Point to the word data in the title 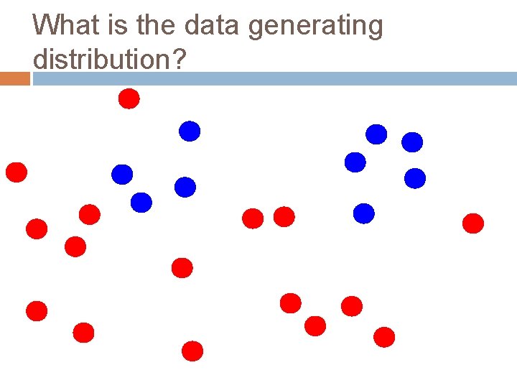(x=213, y=26)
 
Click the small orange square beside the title (x=14, y=78)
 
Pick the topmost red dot (x=129, y=98)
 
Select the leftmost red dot (x=16, y=172)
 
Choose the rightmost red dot (x=472, y=223)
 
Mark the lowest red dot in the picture (x=192, y=351)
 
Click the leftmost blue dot (x=122, y=174)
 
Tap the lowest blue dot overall (x=364, y=213)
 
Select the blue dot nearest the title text (x=190, y=131)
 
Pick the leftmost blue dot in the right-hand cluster (x=355, y=162)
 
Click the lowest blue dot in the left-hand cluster (x=141, y=203)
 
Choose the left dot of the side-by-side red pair (x=253, y=218)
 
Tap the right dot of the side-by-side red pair (x=284, y=216)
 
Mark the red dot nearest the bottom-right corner (x=384, y=336)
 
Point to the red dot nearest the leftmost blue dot (x=89, y=214)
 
